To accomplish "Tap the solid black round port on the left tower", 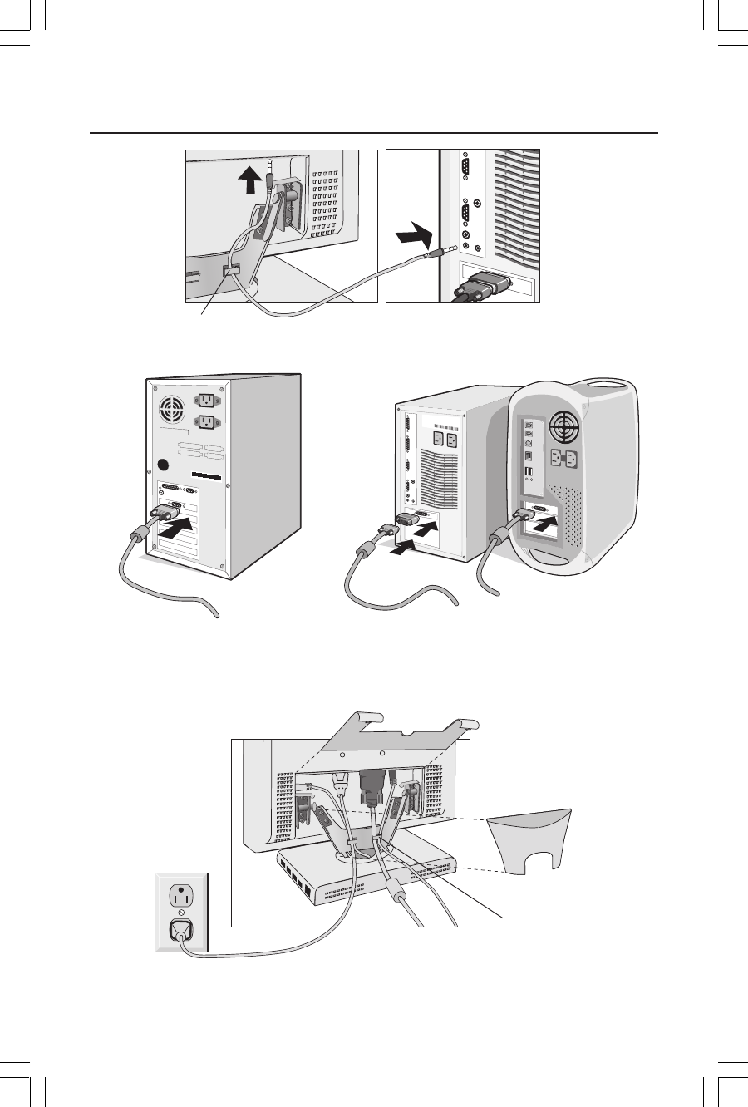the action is pyautogui.click(x=164, y=465).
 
